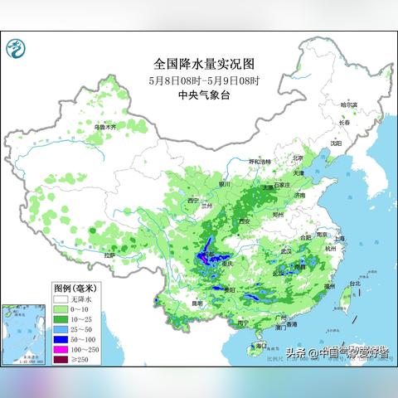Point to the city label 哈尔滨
pyautogui.click(x=353, y=106)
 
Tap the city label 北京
pyautogui.click(x=298, y=158)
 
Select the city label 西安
pyautogui.click(x=244, y=221)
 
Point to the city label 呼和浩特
pyautogui.click(x=260, y=161)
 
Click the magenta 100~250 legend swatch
pyautogui.click(x=61, y=349)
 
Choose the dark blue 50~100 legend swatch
pyautogui.click(x=61, y=338)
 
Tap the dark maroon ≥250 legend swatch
pyautogui.click(x=61, y=360)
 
